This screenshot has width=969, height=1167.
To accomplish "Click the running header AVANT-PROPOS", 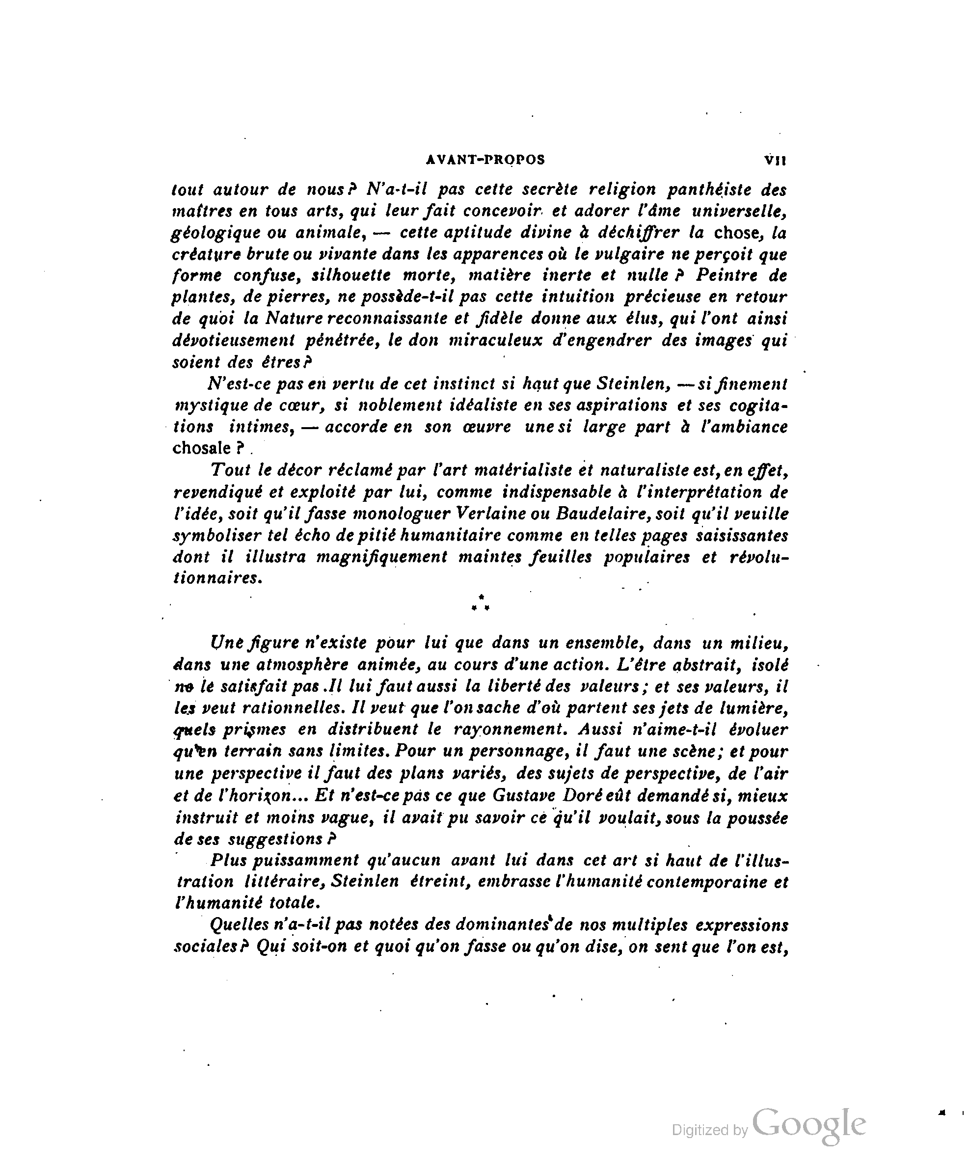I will [485, 160].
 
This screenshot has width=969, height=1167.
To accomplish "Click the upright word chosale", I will [201, 448].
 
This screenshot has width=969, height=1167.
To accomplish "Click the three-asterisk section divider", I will [480, 603].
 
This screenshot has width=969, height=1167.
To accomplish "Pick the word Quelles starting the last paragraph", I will [239, 925].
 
